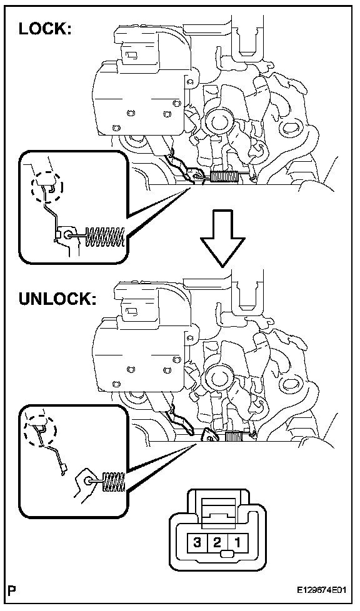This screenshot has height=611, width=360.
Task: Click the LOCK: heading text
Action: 45,29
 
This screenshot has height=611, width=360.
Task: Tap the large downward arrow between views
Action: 222,239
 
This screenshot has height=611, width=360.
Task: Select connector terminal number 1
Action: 237,542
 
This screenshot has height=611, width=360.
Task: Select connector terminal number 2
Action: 217,542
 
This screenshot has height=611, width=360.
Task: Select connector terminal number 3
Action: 197,542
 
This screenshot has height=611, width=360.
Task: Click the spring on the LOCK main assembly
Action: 224,177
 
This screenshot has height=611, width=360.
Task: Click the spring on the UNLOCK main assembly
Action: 234,437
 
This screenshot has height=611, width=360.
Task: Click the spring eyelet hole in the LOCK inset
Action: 69,235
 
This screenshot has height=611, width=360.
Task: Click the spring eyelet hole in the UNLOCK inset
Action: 89,480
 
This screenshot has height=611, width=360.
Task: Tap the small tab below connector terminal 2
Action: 226,554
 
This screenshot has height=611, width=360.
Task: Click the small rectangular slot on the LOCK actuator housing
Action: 132,54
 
